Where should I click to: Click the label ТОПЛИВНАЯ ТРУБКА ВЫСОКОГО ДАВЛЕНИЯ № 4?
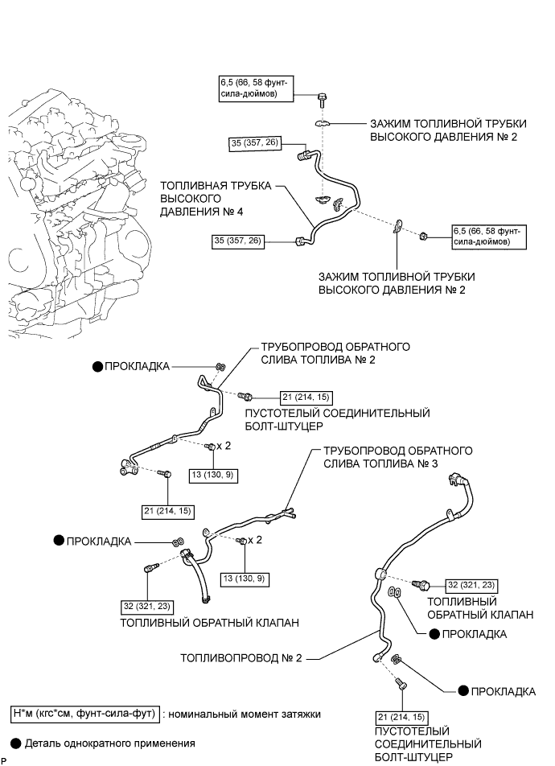point(216,199)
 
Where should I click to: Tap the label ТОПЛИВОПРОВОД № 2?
point(241,658)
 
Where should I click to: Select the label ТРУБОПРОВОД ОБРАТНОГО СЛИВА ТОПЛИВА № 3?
point(397,457)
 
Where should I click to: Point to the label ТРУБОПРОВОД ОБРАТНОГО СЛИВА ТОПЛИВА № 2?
point(335,353)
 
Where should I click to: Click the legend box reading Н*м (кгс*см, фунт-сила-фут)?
point(84,714)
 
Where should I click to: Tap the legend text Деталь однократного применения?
point(110,743)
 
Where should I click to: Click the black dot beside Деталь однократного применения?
point(16,743)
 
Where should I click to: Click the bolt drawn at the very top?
point(322,100)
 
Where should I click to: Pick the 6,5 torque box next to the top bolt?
point(256,88)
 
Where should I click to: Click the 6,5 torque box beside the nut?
point(489,237)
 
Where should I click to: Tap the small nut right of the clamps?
point(423,237)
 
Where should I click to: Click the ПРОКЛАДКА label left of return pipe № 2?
point(137,366)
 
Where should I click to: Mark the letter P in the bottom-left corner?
point(3,761)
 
